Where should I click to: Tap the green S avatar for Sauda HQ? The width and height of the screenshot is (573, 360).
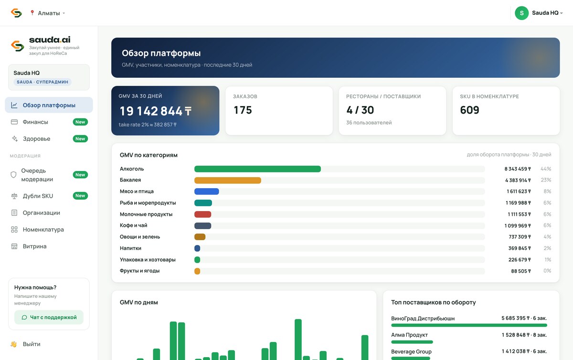(521, 13)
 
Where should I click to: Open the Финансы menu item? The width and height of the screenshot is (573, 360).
(35, 122)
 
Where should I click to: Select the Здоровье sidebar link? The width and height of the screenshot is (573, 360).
(36, 138)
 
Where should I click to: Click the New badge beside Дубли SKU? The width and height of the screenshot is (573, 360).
(80, 196)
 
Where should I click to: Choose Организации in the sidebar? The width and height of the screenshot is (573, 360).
(41, 213)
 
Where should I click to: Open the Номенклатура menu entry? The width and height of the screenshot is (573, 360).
(43, 230)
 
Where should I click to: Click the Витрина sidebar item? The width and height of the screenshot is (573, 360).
(34, 246)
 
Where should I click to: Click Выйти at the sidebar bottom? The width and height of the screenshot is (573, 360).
(32, 344)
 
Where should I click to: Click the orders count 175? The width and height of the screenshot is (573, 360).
(243, 110)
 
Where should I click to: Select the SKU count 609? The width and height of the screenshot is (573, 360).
(469, 110)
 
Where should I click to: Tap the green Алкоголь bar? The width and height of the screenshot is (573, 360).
(257, 169)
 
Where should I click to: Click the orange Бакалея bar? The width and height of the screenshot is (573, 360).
(228, 180)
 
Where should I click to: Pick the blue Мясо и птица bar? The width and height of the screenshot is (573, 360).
(207, 191)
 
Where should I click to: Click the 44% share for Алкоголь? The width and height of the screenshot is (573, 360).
(546, 169)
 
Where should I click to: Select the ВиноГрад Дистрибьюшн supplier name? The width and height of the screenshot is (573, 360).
(423, 318)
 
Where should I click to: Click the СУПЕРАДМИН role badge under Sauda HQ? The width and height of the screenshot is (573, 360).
(42, 82)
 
